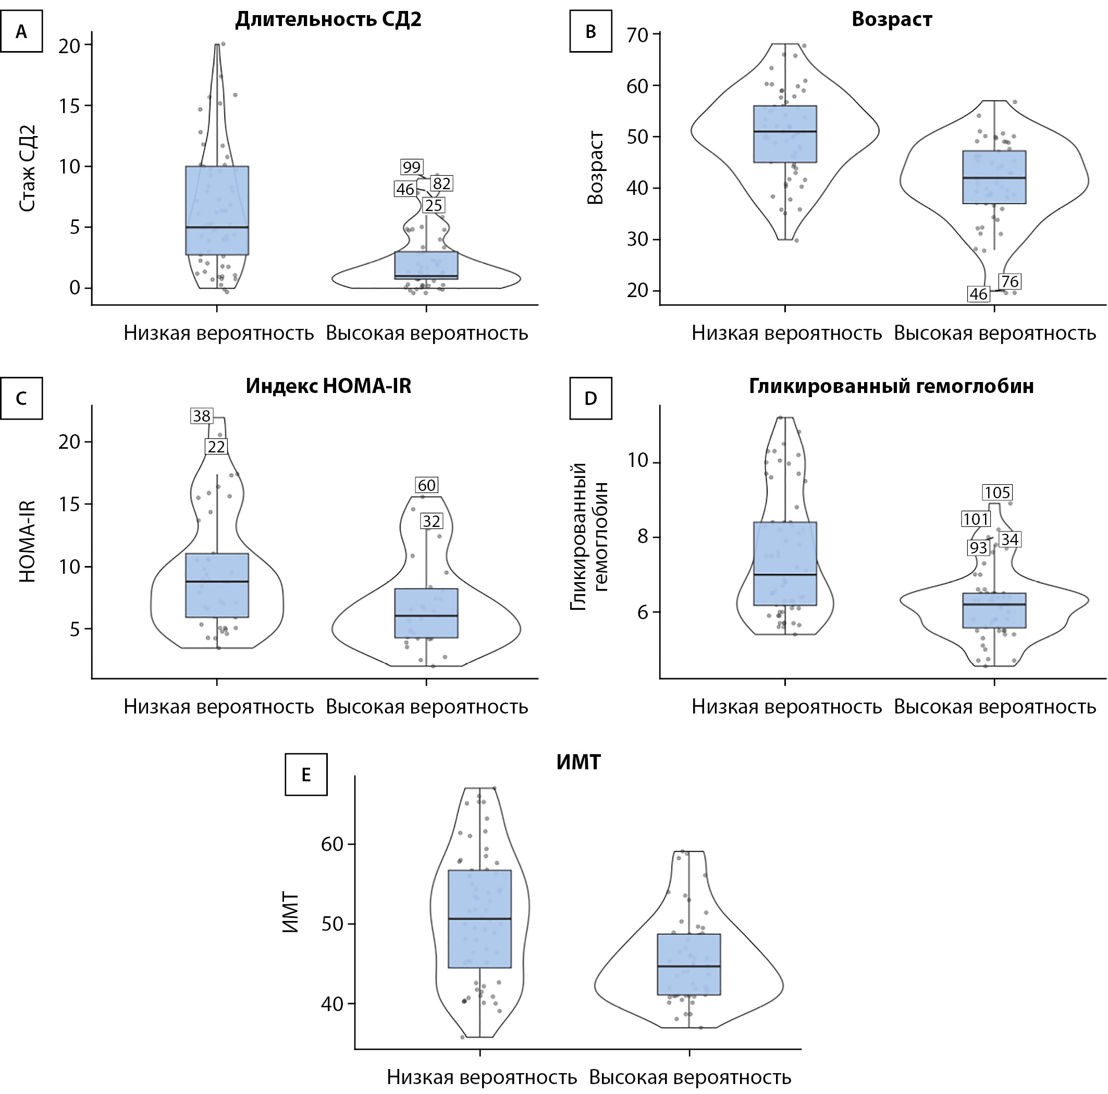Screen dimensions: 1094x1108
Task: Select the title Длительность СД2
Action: click(328, 19)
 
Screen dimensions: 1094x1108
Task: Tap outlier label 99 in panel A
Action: click(412, 167)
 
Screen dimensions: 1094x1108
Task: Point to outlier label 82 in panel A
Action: click(441, 183)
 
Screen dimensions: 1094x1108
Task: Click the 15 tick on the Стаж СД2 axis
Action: click(69, 106)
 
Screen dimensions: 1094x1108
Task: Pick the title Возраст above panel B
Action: click(891, 19)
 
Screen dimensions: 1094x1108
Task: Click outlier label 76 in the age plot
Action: click(1009, 281)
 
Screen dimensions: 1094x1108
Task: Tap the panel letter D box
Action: click(590, 398)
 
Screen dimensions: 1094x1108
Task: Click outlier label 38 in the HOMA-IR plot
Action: click(202, 416)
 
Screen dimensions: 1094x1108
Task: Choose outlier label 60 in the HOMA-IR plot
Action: click(427, 485)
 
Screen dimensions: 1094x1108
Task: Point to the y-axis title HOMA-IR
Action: click(28, 542)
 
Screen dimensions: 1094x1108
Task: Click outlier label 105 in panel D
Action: click(998, 492)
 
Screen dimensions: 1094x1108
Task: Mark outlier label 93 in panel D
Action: click(978, 548)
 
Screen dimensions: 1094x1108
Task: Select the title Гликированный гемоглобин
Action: click(891, 386)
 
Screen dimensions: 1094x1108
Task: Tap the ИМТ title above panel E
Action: click(578, 763)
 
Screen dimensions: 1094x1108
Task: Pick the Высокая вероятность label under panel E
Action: click(690, 1077)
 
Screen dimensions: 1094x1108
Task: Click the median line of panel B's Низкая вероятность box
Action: click(785, 131)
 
